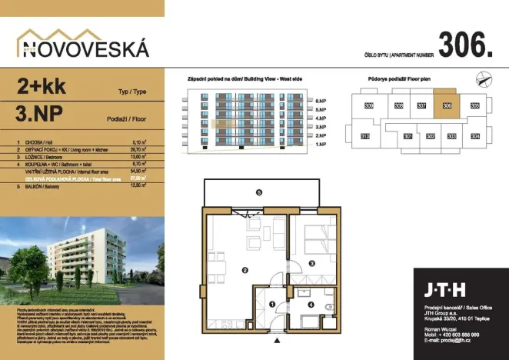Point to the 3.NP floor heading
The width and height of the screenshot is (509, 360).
(39, 117)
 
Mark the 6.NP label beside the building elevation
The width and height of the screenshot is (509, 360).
(321, 101)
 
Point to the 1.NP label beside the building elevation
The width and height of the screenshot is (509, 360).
(321, 144)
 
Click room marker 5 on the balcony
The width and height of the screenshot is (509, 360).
(259, 192)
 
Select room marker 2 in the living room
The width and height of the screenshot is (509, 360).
(245, 270)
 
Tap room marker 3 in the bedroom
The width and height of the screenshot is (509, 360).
(312, 263)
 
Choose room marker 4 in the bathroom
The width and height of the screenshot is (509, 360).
(311, 305)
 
